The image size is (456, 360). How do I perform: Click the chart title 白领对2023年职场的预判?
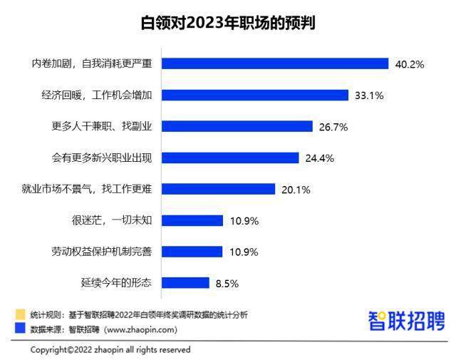pyautogui.click(x=228, y=23)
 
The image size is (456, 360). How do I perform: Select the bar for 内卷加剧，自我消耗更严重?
pyautogui.click(x=275, y=63)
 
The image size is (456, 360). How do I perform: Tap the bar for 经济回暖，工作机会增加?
pyautogui.click(x=255, y=95)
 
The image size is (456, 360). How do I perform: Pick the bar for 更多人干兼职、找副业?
pyautogui.click(x=237, y=126)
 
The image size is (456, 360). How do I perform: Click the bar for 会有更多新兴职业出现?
pyautogui.click(x=230, y=158)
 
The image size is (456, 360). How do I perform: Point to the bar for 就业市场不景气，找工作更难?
pyautogui.click(x=218, y=189)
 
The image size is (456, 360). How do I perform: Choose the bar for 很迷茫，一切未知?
pyautogui.click(x=192, y=220)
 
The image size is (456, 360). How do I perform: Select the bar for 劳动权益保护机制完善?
pyautogui.click(x=192, y=252)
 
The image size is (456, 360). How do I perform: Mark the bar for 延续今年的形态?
pyautogui.click(x=185, y=282)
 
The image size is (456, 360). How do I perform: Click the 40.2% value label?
pyautogui.click(x=410, y=64)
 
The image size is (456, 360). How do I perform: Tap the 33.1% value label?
pyautogui.click(x=369, y=96)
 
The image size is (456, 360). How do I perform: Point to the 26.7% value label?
pyautogui.click(x=333, y=127)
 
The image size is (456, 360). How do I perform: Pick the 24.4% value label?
pyautogui.click(x=319, y=158)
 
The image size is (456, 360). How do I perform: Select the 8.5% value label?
pyautogui.click(x=227, y=283)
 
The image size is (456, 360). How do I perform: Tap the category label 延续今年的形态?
pyautogui.click(x=116, y=282)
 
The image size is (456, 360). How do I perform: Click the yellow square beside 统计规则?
pyautogui.click(x=20, y=314)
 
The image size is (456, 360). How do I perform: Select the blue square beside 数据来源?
pyautogui.click(x=20, y=329)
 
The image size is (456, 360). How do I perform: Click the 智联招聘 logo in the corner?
pyautogui.click(x=406, y=321)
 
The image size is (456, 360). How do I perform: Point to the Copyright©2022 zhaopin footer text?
pyautogui.click(x=110, y=350)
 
